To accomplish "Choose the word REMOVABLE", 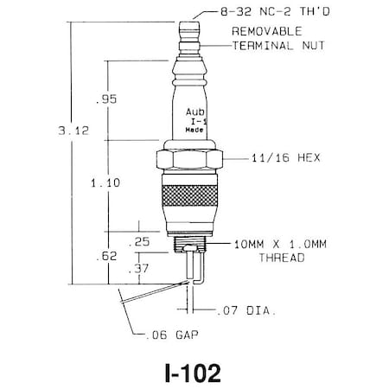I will pos(265,30).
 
